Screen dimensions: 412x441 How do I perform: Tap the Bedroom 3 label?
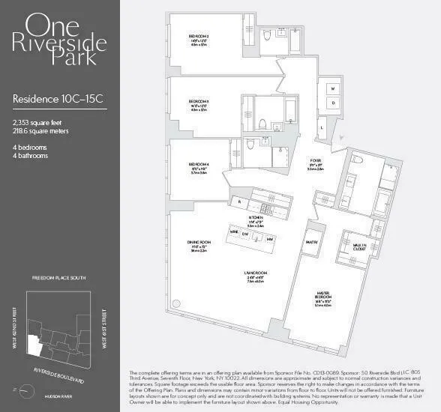(x=199, y=101)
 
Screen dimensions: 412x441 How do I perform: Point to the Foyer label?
(x=316, y=160)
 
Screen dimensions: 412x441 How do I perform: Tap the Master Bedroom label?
(x=323, y=293)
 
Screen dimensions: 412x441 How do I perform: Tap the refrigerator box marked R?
(x=238, y=201)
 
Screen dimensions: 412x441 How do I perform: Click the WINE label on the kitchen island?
(x=235, y=233)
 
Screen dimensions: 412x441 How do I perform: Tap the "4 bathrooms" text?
(x=31, y=156)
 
